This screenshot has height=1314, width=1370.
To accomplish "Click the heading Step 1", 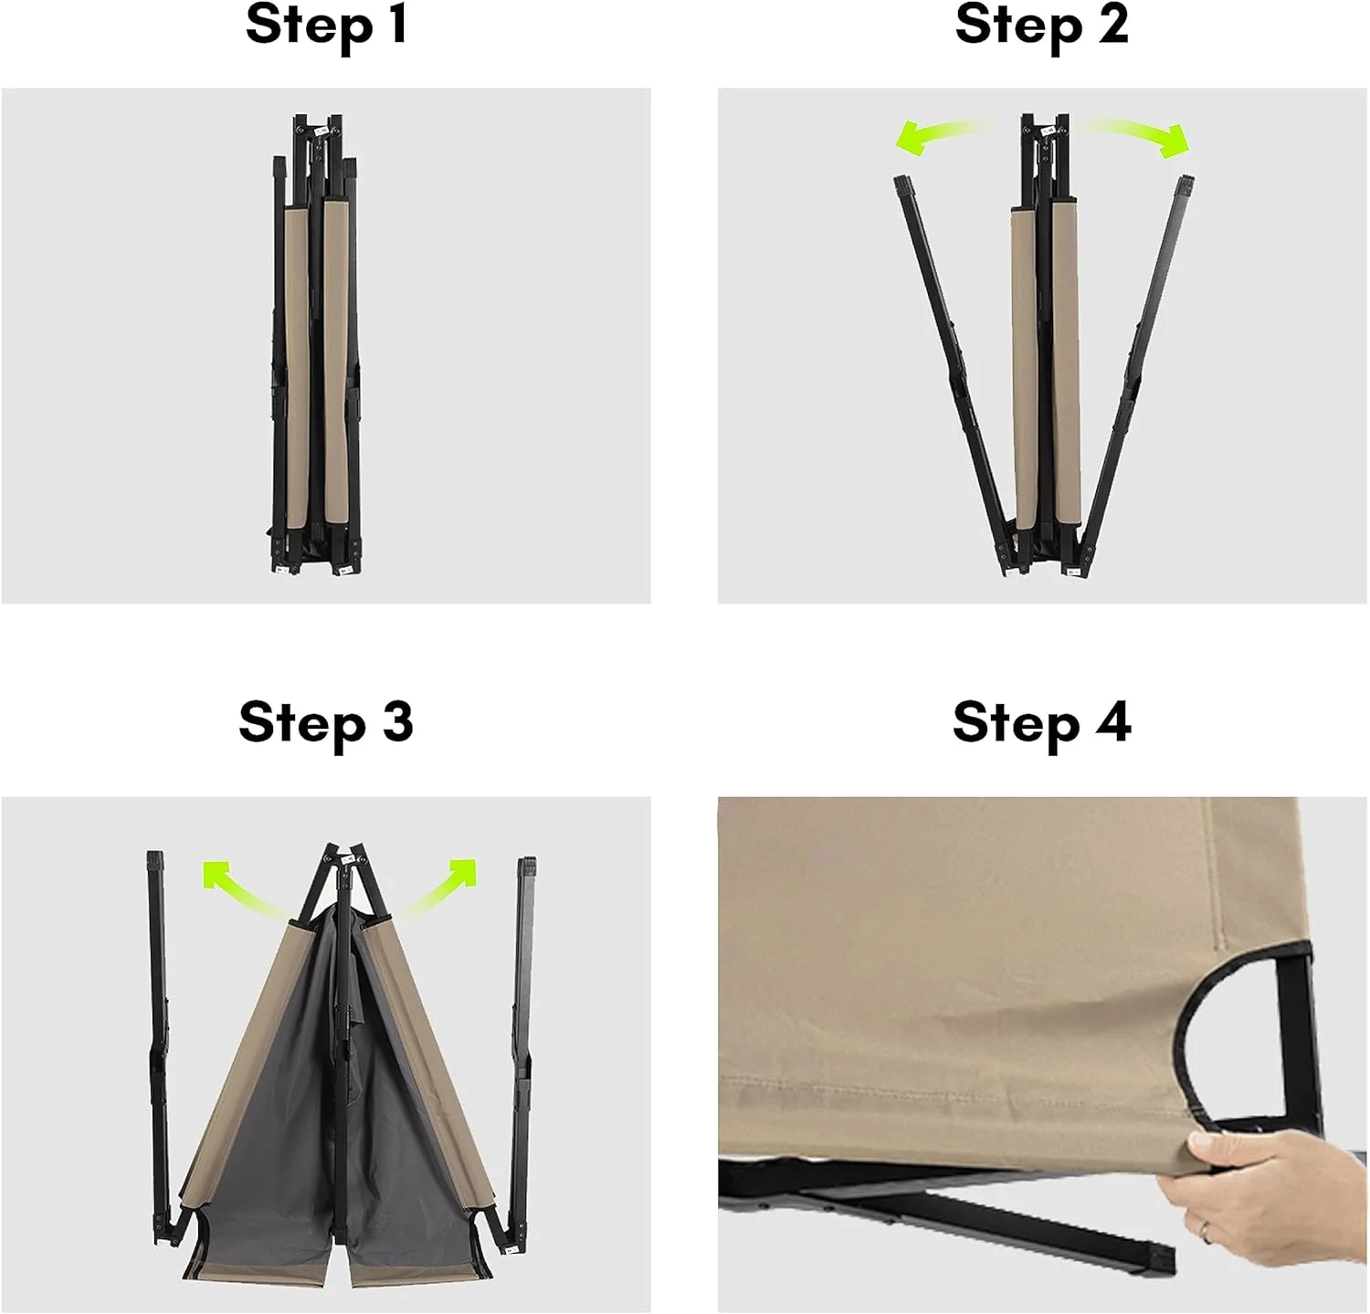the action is tap(326, 25).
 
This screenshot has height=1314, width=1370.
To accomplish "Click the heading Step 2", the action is tap(1042, 25).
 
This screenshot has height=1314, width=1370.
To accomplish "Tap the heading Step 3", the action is tap(326, 722).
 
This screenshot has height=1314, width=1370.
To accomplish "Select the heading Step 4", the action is tap(1042, 722).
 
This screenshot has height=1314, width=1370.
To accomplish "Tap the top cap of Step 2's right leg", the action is tap(1185, 185).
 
